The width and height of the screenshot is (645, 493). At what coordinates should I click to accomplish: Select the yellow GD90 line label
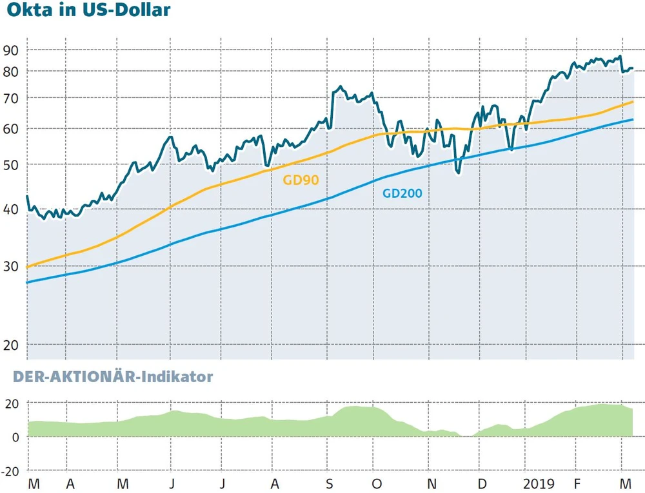click(x=301, y=180)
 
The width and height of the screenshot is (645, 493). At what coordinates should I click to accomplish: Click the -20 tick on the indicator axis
click(x=11, y=471)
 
